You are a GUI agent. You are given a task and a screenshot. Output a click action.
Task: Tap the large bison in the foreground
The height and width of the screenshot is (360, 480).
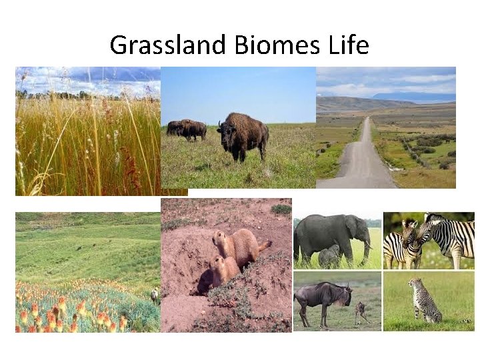pos(244,135)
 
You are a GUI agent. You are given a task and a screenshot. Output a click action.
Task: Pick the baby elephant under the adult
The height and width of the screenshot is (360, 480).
pos(329,257)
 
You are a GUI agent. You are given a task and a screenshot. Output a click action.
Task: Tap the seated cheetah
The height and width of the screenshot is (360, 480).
pos(424,301)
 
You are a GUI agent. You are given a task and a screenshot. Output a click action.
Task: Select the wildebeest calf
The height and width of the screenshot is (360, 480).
pos(361,312)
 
